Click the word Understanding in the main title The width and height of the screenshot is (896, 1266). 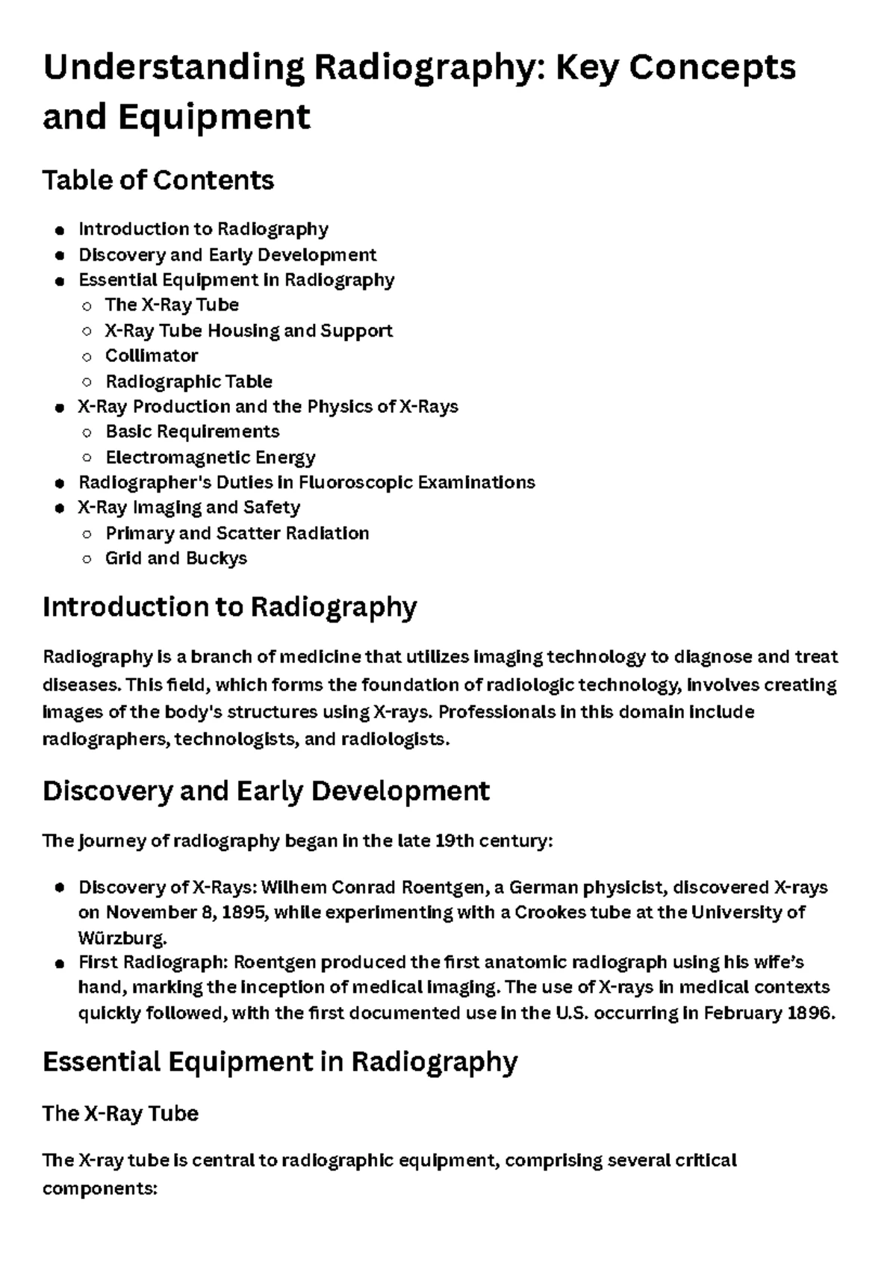point(173,69)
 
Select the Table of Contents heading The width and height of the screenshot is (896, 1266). point(158,180)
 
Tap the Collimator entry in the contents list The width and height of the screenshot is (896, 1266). point(152,355)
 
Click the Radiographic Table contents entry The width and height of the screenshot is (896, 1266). point(189,381)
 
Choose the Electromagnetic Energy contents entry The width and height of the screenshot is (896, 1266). point(211,457)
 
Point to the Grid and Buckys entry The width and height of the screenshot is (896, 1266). point(176,558)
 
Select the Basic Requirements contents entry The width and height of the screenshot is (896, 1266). point(193,431)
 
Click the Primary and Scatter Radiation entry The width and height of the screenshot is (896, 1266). point(237,533)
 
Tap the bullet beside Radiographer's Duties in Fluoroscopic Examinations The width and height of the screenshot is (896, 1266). point(59,483)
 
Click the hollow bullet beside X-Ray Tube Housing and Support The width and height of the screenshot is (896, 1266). point(87,331)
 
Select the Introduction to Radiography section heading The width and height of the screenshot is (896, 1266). point(229,607)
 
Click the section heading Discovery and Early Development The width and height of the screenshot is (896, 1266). point(266,791)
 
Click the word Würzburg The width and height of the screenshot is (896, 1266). point(122,938)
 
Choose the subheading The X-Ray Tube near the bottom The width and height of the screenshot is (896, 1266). point(120,1114)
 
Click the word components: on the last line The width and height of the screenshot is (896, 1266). point(99,1188)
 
